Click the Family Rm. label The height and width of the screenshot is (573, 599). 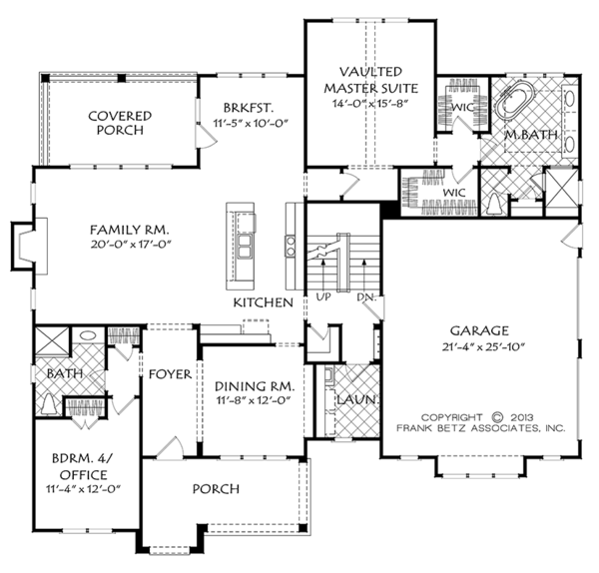pos(130,230)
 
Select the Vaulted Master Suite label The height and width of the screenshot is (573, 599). pos(371,80)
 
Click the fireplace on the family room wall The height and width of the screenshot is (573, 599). pos(29,246)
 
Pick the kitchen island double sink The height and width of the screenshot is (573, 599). pos(245,247)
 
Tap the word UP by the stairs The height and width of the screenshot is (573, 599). pos(323,296)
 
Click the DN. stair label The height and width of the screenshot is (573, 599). pos(366,297)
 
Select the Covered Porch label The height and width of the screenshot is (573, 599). pos(120,123)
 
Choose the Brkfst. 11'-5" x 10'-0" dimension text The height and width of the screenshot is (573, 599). pos(251,124)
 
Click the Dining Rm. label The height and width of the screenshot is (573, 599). pos(255,386)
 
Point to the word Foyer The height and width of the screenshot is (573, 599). pos(170,374)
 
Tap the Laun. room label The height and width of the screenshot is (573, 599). pos(358,400)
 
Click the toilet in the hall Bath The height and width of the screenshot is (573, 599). pos(48,403)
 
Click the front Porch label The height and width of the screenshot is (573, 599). pos(216,489)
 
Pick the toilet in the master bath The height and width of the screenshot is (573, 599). pos(495,204)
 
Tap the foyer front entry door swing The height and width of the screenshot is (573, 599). pos(170,446)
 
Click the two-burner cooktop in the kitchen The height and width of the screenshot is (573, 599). pos(291,246)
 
